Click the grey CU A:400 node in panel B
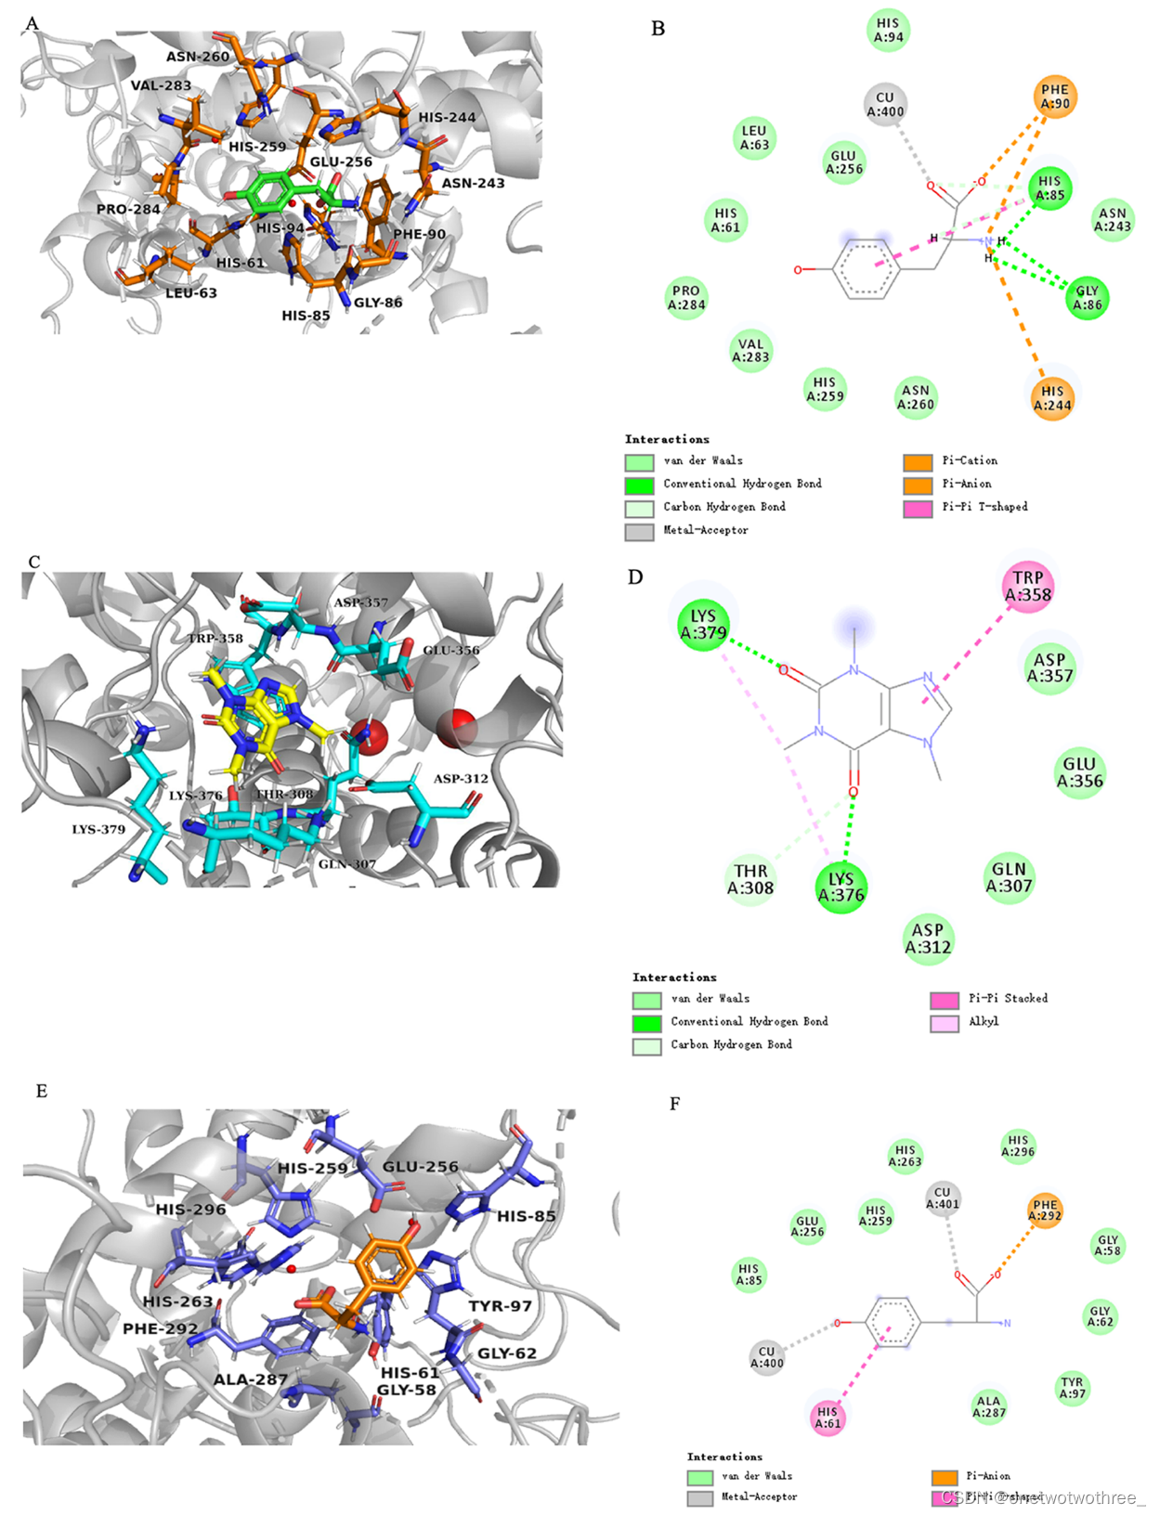pos(885,104)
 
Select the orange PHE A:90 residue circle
pos(1055,97)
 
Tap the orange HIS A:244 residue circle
pos(1052,398)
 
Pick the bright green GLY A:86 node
pos(1087,298)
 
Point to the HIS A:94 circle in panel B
pos(888,30)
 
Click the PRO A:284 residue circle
pos(686,297)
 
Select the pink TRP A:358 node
pos(1028,586)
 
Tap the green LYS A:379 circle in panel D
pos(703,624)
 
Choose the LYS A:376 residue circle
pos(841,887)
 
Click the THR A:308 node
pos(750,879)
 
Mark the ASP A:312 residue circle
pos(927,938)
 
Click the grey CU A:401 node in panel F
pos(942,1198)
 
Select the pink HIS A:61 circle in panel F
pos(828,1417)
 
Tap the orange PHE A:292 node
pos(1045,1211)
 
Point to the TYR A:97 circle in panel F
pos(1073,1388)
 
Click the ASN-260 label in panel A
pos(198,57)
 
